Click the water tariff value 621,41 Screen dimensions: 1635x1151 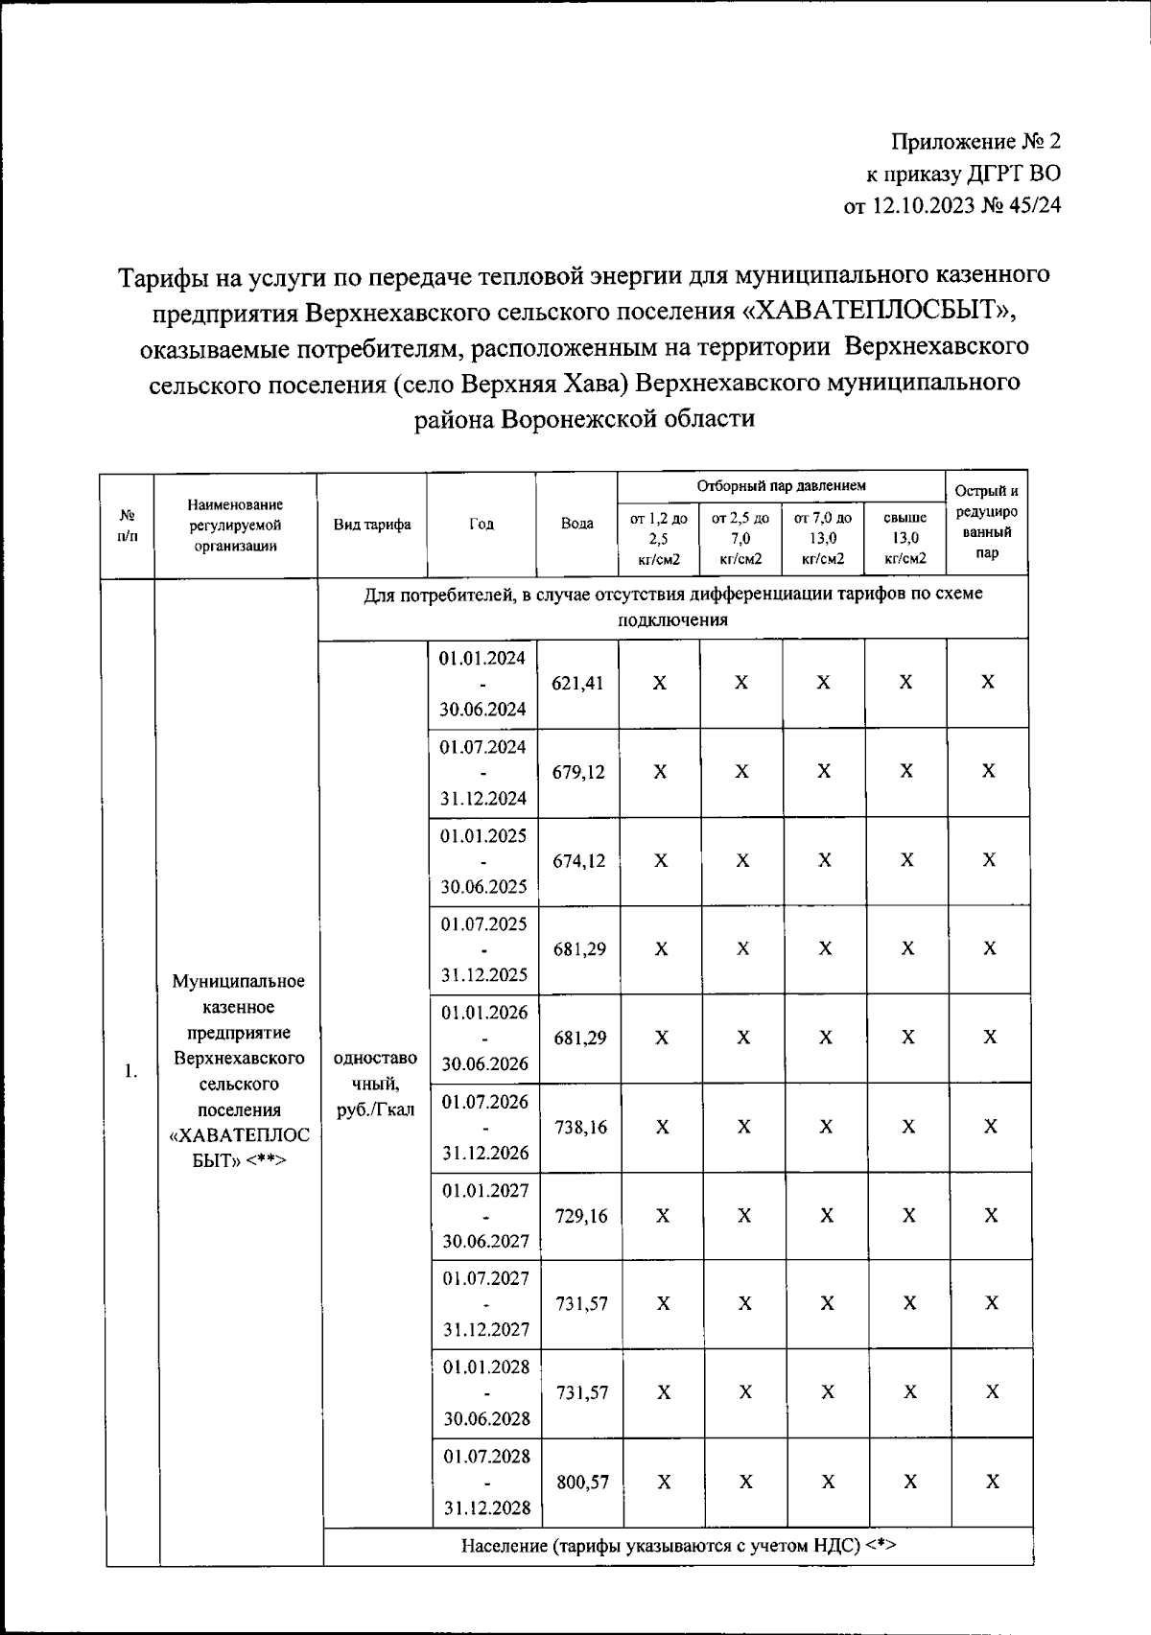577,684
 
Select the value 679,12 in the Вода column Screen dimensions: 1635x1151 578,772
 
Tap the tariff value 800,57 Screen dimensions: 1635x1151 582,1482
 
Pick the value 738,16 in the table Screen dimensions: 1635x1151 580,1128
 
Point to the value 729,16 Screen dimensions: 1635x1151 580,1216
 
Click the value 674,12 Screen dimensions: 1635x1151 578,861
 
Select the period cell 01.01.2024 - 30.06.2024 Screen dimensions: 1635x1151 482,684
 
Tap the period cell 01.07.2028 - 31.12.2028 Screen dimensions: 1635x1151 486,1482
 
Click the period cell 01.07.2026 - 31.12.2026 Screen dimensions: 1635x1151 484,1128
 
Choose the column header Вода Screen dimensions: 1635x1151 576,525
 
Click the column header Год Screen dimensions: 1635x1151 482,525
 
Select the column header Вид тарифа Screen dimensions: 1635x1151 372,525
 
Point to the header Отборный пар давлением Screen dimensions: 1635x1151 781,487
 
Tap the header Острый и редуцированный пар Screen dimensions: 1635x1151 987,523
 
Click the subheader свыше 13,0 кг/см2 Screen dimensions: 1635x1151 904,538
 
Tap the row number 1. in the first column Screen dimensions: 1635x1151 130,1071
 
